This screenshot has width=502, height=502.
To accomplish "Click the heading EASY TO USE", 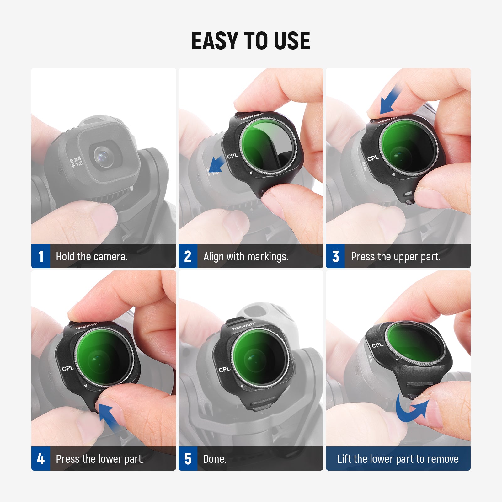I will tap(251, 41).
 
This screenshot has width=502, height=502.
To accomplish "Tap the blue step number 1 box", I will tap(41, 256).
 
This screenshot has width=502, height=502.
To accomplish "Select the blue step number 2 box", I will tap(188, 256).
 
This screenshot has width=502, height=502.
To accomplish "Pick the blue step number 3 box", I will tap(335, 256).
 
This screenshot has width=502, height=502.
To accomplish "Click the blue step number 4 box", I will tap(41, 459).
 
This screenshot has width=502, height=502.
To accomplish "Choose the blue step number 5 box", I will tap(188, 459).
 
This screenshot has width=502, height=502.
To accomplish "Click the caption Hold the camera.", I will tap(92, 257).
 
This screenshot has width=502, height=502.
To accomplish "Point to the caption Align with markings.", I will tap(246, 257).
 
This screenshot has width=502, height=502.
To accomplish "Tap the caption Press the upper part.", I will tap(395, 257).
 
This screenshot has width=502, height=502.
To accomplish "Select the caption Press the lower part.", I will tap(100, 459).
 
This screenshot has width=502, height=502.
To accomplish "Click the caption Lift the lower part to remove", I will tap(398, 459).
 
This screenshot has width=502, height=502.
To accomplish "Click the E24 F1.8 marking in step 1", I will tap(76, 162).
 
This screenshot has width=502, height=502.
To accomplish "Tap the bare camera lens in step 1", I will tap(103, 156).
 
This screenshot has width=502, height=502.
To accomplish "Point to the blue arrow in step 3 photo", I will tap(390, 101).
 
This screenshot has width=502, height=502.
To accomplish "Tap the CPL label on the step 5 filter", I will tap(225, 370).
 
